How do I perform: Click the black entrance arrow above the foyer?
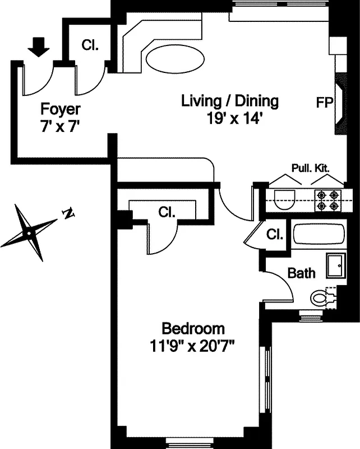coord(38,47)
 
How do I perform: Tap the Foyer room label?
coord(61,109)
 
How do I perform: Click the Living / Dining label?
coord(230,102)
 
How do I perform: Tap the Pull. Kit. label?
coord(310,168)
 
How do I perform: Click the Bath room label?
coord(301,273)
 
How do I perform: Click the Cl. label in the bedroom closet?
coord(167,213)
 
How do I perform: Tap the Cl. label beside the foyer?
coord(90,45)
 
